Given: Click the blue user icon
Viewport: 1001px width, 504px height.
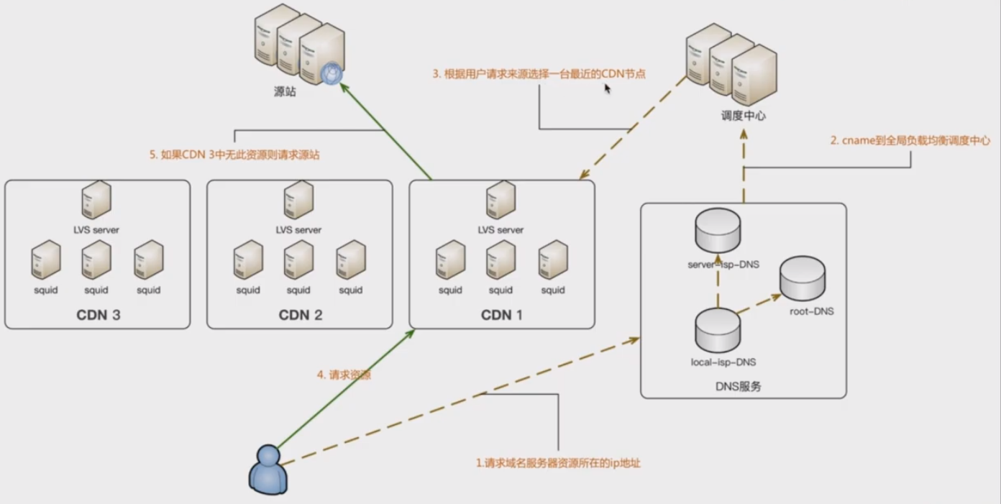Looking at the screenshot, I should [268, 468].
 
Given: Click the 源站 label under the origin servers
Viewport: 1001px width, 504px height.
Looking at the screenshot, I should [285, 92].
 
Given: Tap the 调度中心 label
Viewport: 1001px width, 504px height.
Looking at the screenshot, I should [744, 114].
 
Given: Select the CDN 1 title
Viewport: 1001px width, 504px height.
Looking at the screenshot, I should [502, 315].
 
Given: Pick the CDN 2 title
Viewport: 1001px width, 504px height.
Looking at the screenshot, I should [300, 315].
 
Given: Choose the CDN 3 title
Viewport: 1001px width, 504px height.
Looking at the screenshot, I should [98, 315].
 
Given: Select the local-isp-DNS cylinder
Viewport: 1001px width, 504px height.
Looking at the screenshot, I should [718, 329].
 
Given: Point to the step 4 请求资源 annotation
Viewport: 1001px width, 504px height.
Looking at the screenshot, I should [344, 375].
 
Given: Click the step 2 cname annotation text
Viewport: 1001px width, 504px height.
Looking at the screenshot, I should [910, 141].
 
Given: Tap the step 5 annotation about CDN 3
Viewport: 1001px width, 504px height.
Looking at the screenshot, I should [234, 155].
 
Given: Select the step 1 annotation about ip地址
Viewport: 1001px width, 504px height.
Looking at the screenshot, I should [558, 463].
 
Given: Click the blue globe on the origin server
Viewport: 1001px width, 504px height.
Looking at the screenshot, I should [332, 74].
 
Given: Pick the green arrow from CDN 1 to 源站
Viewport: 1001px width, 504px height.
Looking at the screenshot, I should [385, 130].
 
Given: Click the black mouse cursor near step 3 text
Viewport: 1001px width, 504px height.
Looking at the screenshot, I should [608, 88].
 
